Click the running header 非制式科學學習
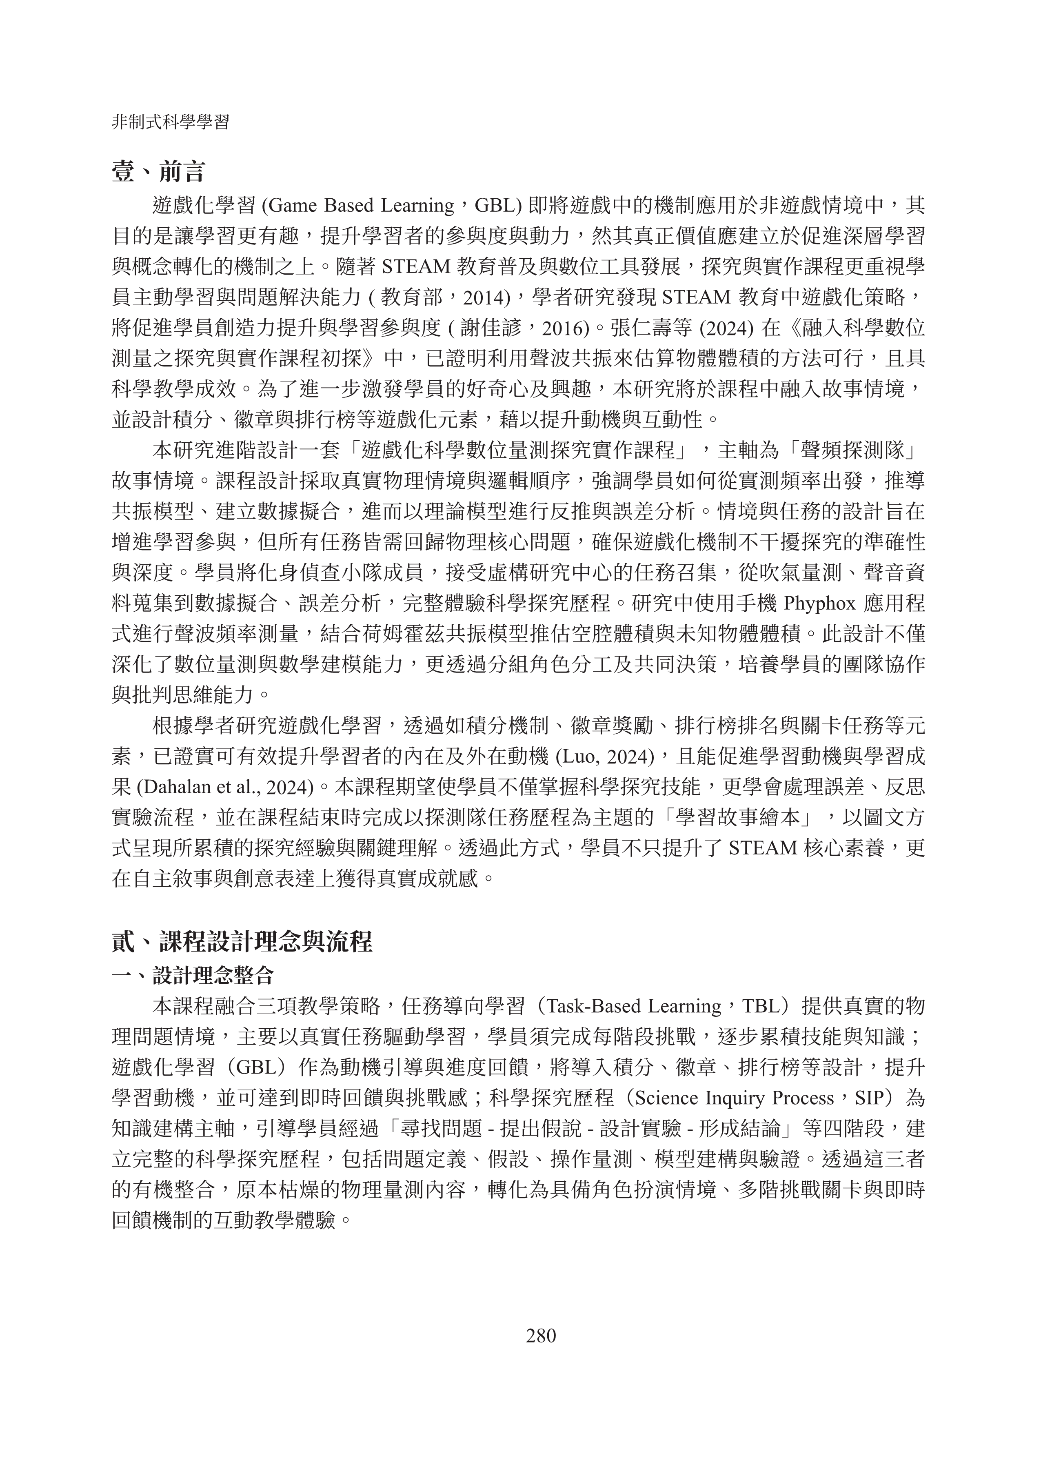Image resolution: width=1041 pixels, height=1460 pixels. point(171,122)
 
